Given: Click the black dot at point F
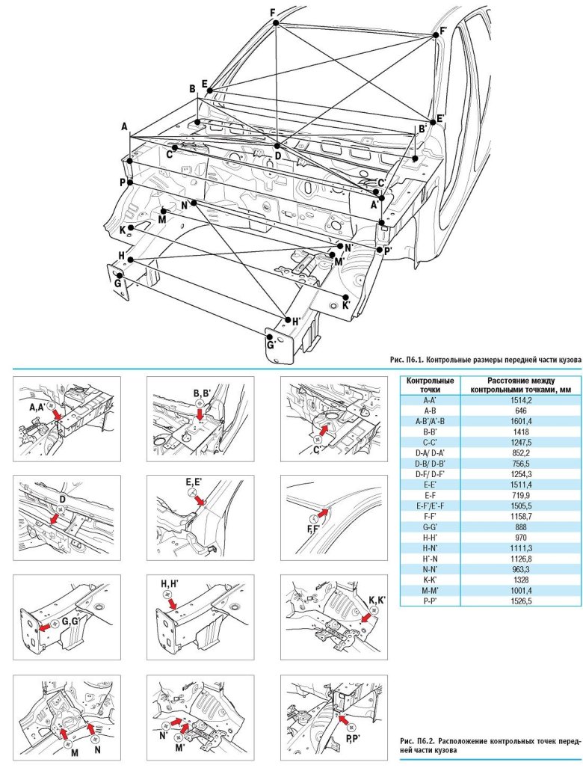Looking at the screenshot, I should click(x=276, y=23).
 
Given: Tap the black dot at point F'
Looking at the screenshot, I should click(x=434, y=34).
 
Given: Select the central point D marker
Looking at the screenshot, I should click(x=277, y=146).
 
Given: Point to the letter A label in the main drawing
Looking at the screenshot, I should click(x=125, y=127).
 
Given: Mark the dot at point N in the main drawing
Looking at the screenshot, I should click(x=194, y=203).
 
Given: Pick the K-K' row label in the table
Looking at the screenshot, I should click(x=429, y=580).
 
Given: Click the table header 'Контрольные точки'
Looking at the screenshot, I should click(x=429, y=385).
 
